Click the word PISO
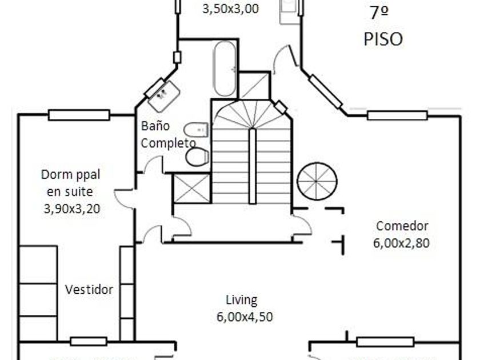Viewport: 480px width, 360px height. pyautogui.click(x=383, y=39)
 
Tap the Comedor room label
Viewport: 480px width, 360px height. pyautogui.click(x=402, y=226)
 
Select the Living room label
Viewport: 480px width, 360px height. pyautogui.click(x=241, y=300)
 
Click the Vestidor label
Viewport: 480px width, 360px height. pyautogui.click(x=89, y=289)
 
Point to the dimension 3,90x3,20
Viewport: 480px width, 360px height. pyautogui.click(x=71, y=209)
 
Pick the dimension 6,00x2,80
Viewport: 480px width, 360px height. pyautogui.click(x=401, y=243)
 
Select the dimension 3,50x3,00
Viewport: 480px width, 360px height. pyautogui.click(x=230, y=9)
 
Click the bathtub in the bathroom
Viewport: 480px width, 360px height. pyautogui.click(x=225, y=69)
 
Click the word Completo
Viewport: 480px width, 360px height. pyautogui.click(x=168, y=143)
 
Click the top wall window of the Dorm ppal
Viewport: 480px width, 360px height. pyautogui.click(x=79, y=115)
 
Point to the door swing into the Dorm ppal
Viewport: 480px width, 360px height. pyautogui.click(x=125, y=197)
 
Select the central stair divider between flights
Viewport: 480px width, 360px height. pyautogui.click(x=253, y=165)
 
